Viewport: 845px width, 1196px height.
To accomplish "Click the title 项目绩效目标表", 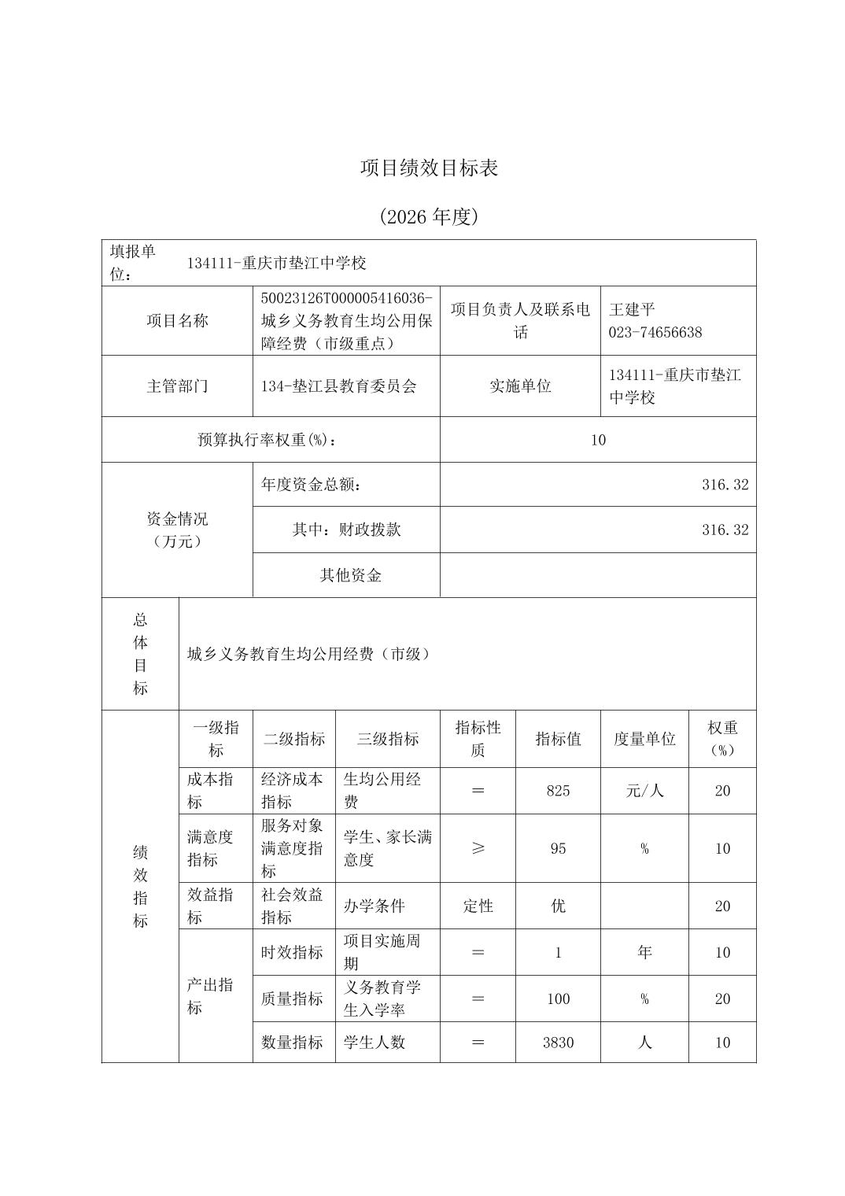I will (x=429, y=168).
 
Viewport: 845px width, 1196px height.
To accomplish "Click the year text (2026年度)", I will (x=429, y=216).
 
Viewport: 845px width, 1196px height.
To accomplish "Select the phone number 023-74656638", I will (x=655, y=332).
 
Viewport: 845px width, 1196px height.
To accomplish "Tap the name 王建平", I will (x=631, y=310).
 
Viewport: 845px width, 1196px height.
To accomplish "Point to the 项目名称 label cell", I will (x=177, y=321).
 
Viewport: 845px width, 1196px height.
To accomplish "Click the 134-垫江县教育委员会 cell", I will (x=338, y=386).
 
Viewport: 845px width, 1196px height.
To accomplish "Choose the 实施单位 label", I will (x=520, y=386).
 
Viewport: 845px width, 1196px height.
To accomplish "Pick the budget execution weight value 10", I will (x=598, y=440).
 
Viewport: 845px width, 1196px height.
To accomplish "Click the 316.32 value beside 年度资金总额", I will (x=725, y=485).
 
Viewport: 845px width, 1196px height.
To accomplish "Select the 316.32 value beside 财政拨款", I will (x=725, y=530).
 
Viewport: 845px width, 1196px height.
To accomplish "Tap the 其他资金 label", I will (x=350, y=576).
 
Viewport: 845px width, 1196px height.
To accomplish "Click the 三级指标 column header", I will (x=387, y=739).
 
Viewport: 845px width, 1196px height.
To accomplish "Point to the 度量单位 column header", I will (x=644, y=739).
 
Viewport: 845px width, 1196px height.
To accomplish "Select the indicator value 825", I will (x=558, y=791).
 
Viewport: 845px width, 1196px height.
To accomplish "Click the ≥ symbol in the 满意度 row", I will (x=478, y=848).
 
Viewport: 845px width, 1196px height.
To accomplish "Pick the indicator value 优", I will (x=558, y=906).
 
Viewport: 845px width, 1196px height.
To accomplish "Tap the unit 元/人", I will (x=644, y=791).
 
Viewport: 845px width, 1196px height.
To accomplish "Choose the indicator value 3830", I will (x=558, y=1043).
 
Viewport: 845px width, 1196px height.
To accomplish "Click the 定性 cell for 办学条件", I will (x=478, y=906).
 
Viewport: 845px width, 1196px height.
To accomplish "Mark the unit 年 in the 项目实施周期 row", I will (x=644, y=952).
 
